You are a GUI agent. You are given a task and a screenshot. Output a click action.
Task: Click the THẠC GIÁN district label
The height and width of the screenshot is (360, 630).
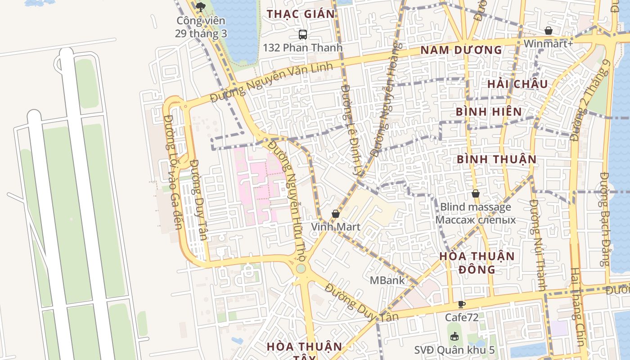click(x=301, y=14)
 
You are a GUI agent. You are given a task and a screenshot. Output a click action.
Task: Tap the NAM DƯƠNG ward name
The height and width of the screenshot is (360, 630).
click(x=461, y=50)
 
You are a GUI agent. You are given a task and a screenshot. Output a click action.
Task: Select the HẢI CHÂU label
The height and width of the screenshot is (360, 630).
click(x=517, y=84)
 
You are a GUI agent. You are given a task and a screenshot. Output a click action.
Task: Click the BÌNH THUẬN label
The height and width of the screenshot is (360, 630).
click(x=497, y=159)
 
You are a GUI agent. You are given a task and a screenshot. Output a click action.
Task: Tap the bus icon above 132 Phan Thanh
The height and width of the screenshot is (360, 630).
click(x=303, y=34)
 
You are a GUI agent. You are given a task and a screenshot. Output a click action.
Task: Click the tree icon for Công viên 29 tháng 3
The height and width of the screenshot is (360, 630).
click(x=201, y=7)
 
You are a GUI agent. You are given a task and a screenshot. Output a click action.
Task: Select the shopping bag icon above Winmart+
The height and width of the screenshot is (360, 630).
click(x=548, y=31)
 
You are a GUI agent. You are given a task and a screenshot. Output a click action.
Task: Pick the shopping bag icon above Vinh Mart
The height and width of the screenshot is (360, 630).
click(x=336, y=214)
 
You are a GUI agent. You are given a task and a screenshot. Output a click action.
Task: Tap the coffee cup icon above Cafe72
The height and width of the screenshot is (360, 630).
click(x=461, y=305)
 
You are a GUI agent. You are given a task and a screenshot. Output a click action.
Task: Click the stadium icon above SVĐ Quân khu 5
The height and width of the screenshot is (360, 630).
click(x=454, y=337)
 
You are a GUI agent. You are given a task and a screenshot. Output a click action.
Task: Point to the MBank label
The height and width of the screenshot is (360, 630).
click(x=387, y=280)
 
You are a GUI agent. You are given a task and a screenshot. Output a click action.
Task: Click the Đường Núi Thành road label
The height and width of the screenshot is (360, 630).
click(x=538, y=245)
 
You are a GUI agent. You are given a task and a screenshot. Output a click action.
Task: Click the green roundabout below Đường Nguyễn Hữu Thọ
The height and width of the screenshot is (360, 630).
click(x=301, y=269)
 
